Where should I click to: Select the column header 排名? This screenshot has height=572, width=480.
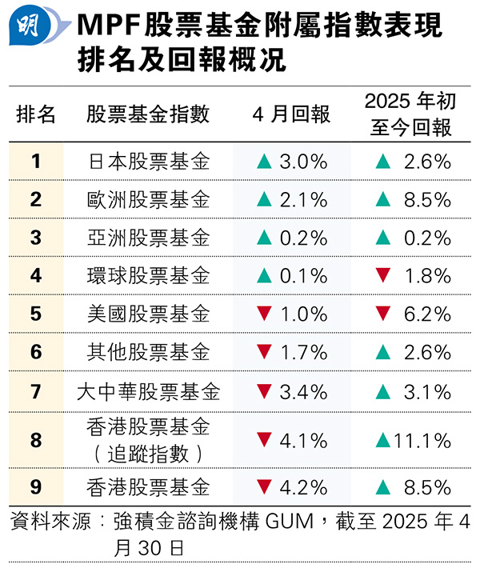36,114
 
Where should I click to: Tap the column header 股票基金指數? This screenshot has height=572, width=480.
148,114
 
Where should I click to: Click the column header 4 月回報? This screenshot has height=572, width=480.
291,114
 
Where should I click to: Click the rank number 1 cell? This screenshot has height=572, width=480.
36,162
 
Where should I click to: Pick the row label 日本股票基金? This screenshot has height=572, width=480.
148,162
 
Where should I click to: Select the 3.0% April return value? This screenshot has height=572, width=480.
303,162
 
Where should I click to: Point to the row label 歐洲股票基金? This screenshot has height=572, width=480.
148,200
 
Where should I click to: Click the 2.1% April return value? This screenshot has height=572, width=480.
303,200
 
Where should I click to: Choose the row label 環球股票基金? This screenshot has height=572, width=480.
148,276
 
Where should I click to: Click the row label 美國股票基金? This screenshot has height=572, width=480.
148,314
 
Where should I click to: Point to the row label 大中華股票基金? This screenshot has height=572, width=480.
148,392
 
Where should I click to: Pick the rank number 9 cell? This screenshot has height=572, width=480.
36,486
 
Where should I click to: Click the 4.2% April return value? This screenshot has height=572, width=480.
303,486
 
